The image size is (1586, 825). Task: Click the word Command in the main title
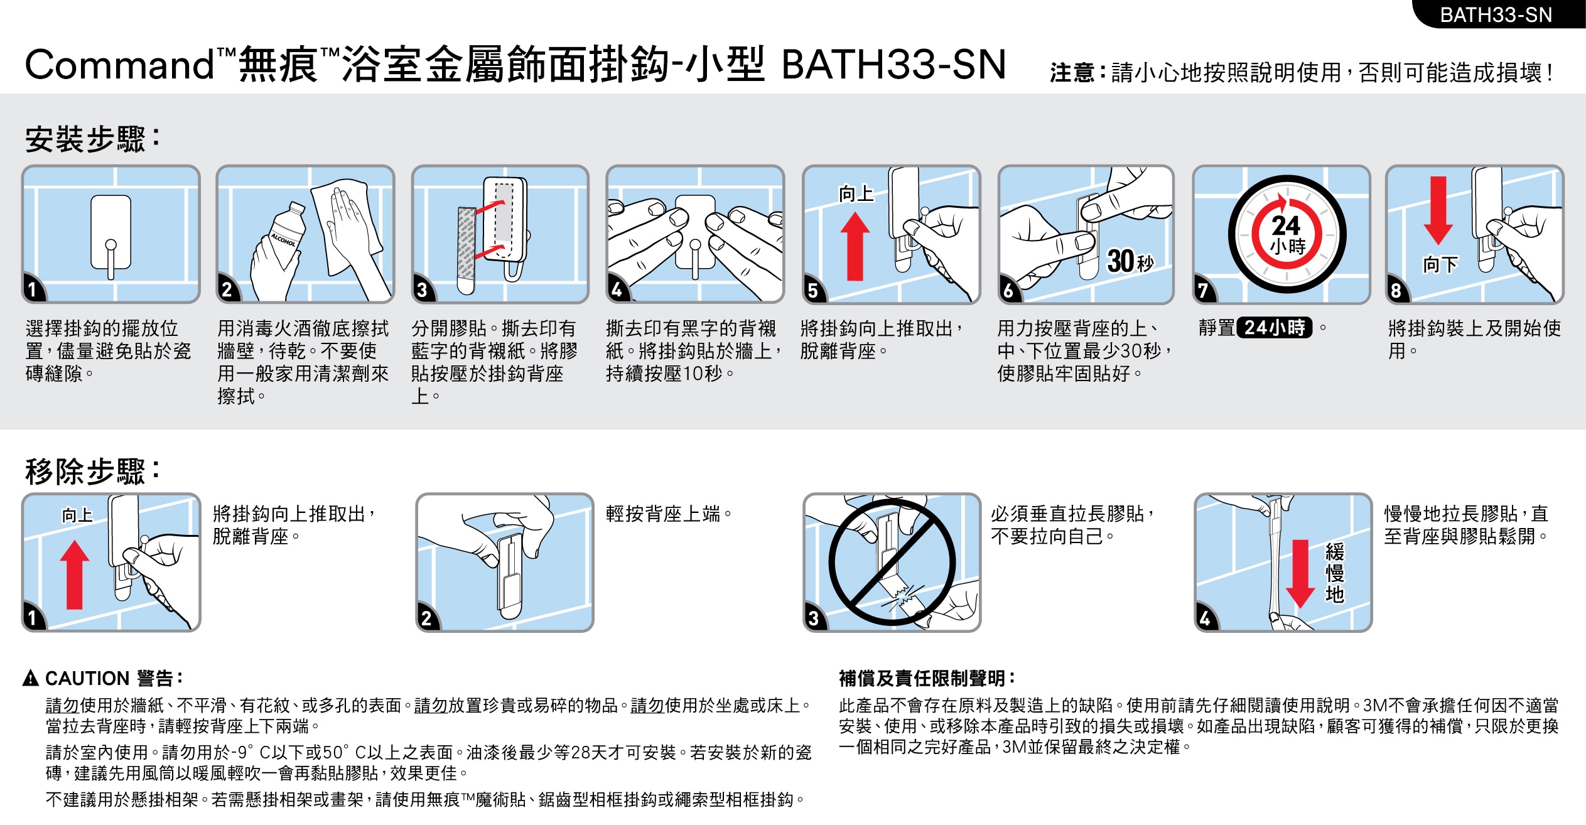click(119, 65)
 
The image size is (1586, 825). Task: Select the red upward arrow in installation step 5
click(855, 246)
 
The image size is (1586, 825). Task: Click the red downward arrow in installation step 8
click(1438, 210)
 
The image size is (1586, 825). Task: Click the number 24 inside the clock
click(1286, 225)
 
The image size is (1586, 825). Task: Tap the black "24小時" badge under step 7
click(1275, 328)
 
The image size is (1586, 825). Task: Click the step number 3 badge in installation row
click(423, 290)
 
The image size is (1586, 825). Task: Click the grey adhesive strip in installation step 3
click(466, 249)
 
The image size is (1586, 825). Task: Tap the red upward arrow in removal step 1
click(75, 575)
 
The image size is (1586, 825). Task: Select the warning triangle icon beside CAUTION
click(30, 678)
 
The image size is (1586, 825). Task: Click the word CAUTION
click(87, 679)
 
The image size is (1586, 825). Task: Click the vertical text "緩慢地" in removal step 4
click(1334, 573)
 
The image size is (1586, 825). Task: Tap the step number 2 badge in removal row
click(427, 618)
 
